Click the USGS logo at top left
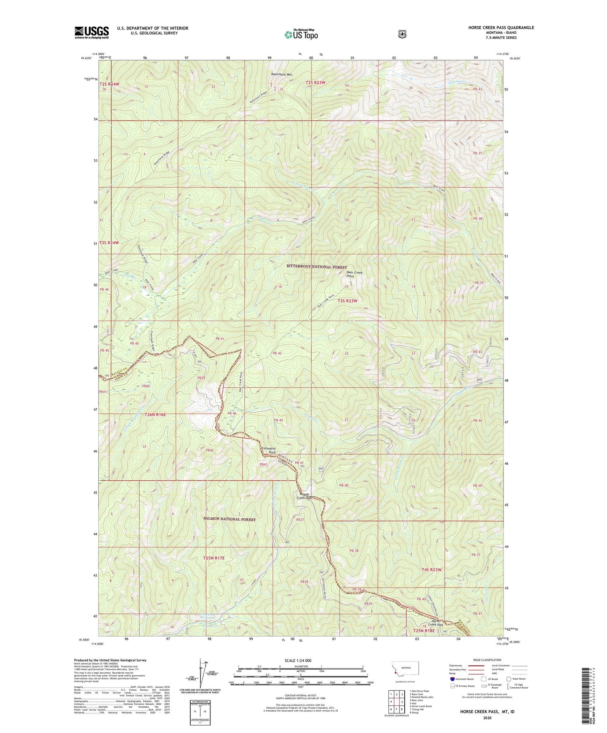point(91,32)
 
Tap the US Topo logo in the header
point(301,34)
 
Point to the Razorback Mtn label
point(282,74)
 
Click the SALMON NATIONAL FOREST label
point(229,519)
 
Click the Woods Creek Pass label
point(304,496)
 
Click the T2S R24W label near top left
point(110,84)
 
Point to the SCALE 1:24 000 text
point(301,661)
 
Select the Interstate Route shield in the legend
point(452,679)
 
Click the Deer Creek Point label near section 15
point(354,275)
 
